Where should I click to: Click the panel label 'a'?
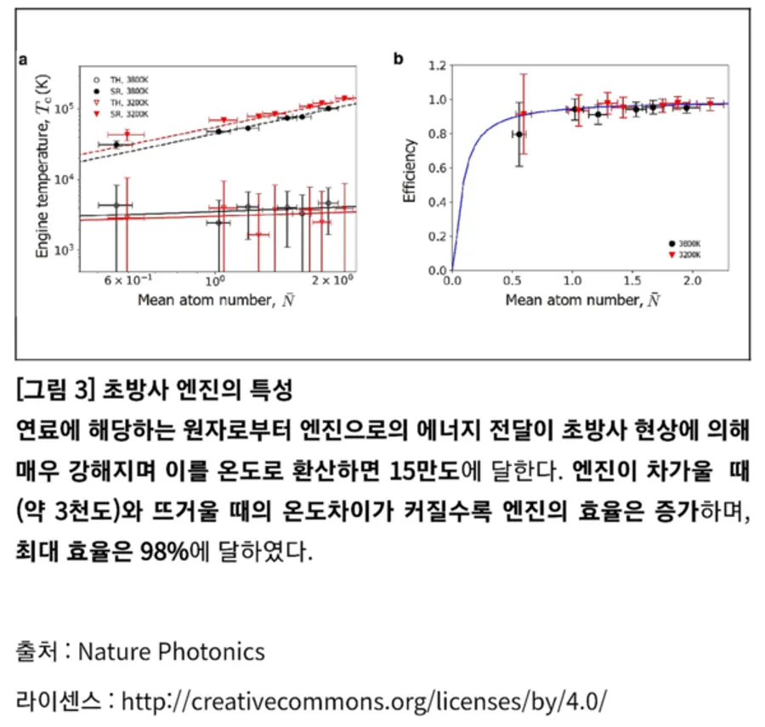pos(24,61)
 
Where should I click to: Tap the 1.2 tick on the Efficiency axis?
pos(439,65)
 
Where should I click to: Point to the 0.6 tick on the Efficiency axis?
pos(439,168)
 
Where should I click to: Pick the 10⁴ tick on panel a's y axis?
pos(62,179)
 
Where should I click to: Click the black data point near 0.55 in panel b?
pos(519,133)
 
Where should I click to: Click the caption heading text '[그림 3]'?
pos(52,391)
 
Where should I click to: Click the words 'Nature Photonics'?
pos(171,651)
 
